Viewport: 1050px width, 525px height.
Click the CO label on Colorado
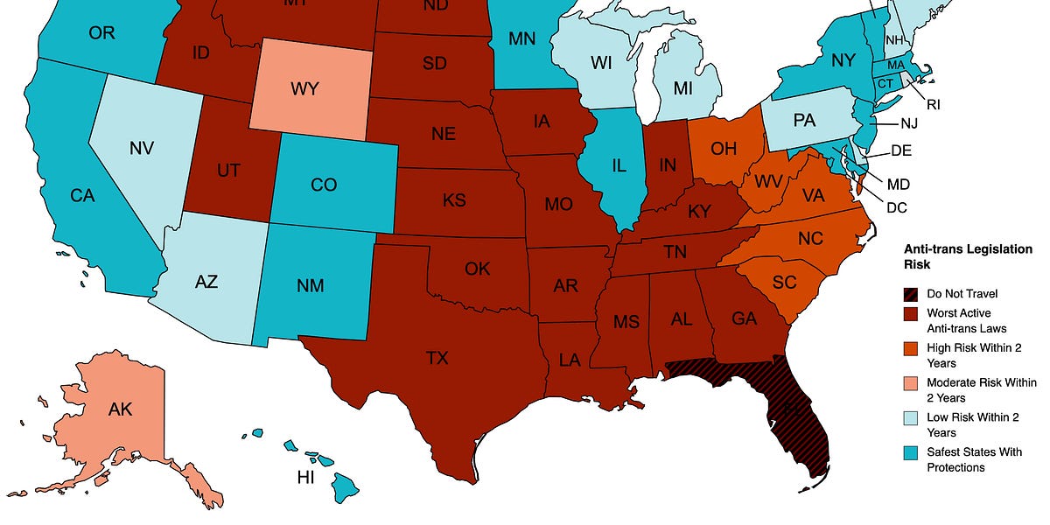click(325, 185)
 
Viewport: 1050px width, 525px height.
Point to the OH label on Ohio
click(723, 148)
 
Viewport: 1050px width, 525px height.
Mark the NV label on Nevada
click(142, 148)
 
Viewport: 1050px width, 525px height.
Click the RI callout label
click(934, 105)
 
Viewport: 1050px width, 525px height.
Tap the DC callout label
click(896, 207)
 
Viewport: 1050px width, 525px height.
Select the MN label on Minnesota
click(523, 39)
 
